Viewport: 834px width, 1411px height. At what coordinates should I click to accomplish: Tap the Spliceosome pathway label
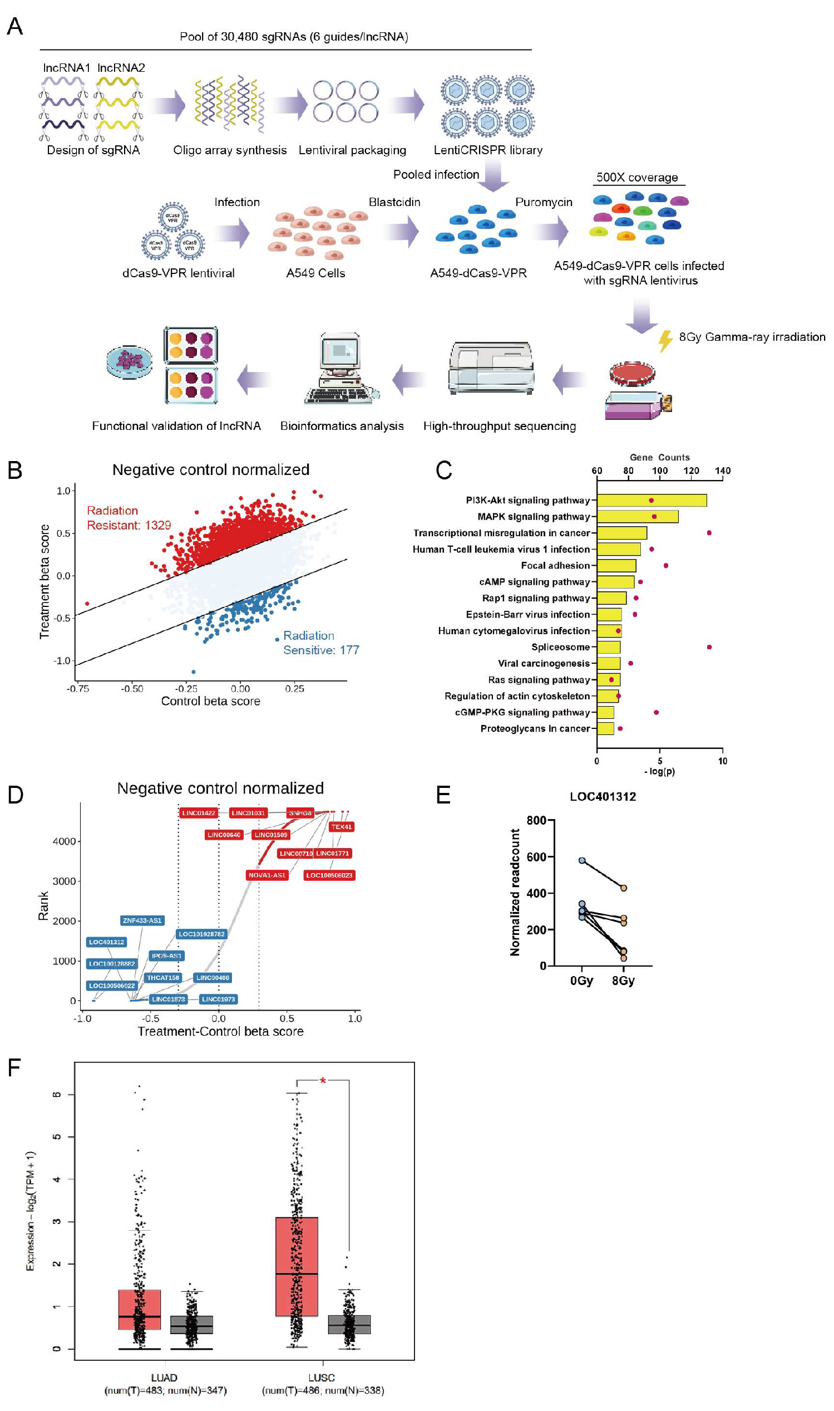pos(560,646)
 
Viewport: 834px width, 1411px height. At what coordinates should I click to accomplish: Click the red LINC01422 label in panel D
pos(199,812)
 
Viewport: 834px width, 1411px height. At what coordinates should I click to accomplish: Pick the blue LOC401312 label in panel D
pos(106,942)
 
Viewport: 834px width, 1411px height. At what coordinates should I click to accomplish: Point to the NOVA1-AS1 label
pos(267,875)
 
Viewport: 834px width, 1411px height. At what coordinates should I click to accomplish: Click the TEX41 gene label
pos(341,827)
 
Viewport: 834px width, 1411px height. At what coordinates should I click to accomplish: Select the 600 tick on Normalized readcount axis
pos(536,856)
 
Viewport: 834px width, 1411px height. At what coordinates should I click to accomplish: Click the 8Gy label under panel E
pos(623,981)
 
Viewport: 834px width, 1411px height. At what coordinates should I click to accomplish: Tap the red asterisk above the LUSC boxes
pos(323,1080)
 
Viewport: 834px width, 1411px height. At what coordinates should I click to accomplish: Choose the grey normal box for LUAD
pos(191,1324)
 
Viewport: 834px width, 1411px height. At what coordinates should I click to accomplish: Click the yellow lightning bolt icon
pos(665,340)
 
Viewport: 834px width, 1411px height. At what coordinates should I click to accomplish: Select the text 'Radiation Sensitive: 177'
pos(320,642)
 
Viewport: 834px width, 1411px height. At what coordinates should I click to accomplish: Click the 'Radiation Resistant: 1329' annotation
pos(128,517)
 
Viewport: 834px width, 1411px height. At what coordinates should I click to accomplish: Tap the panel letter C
pos(443,470)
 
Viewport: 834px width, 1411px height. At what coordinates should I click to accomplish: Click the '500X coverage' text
pos(636,177)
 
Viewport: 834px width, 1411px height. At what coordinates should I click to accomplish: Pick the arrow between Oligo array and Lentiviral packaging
pos(290,105)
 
